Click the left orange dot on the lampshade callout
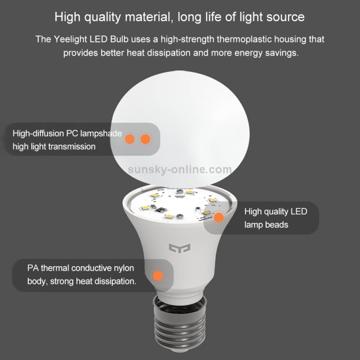point(129,139)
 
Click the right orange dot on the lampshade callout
point(145,139)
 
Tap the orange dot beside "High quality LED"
point(218,217)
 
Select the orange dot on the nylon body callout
point(156,276)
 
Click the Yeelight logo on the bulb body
point(180,248)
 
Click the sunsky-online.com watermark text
point(180,169)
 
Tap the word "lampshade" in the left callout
point(100,133)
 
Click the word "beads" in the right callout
point(277,224)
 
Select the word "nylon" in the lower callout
point(123,267)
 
